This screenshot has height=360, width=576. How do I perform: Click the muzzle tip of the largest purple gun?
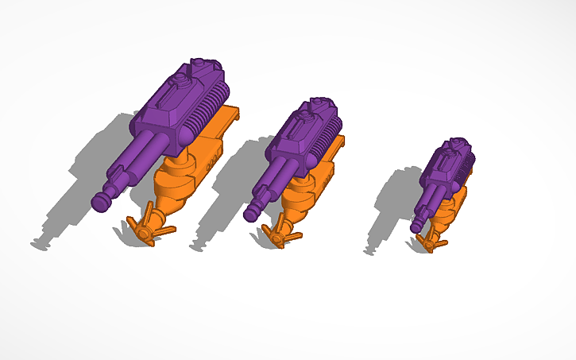click(x=101, y=202)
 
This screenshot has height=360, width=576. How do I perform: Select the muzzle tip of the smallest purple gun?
click(x=415, y=228)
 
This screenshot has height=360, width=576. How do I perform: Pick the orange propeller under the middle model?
click(x=280, y=234)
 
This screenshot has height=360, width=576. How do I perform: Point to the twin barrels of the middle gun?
click(x=275, y=181)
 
